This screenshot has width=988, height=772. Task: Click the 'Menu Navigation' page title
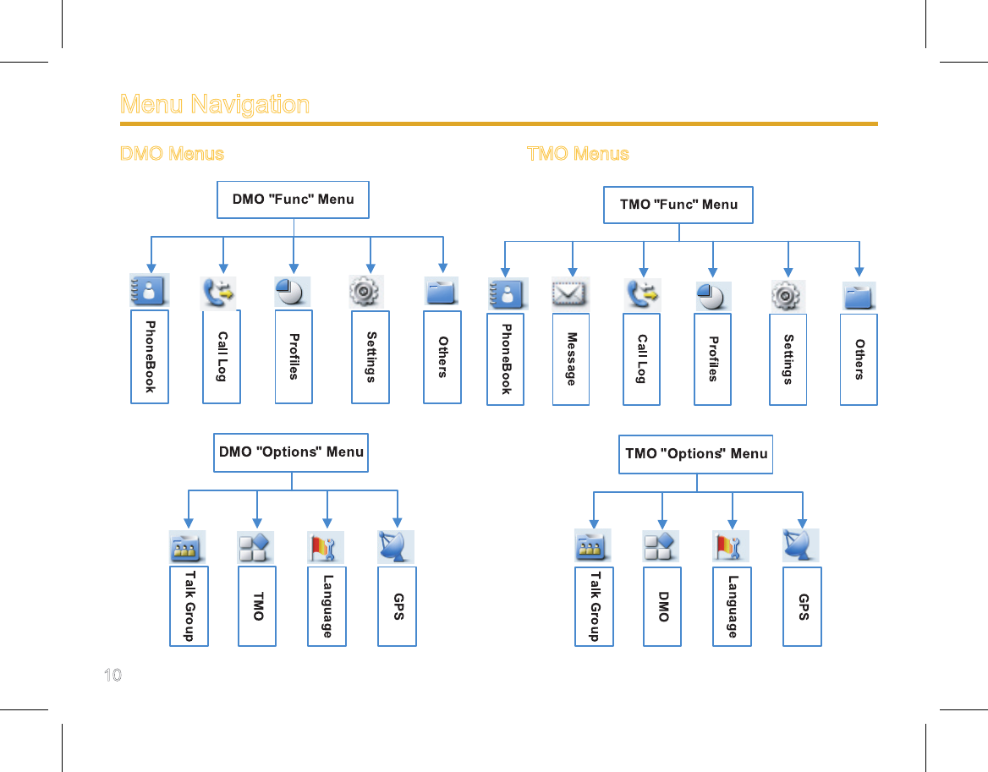pyautogui.click(x=215, y=104)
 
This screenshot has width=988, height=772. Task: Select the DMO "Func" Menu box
pyautogui.click(x=293, y=200)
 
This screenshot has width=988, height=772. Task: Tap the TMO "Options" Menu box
pyautogui.click(x=695, y=454)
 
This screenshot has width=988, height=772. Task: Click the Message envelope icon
pyautogui.click(x=570, y=293)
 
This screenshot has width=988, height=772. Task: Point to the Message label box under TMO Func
pyautogui.click(x=571, y=359)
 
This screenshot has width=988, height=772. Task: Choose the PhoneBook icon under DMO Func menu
pyautogui.click(x=150, y=290)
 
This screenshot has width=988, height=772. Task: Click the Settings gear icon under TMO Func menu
pyautogui.click(x=787, y=295)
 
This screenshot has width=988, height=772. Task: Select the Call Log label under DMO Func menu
pyautogui.click(x=221, y=356)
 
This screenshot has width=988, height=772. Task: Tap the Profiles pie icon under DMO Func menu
pyautogui.click(x=293, y=292)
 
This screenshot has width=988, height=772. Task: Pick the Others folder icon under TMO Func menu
pyautogui.click(x=859, y=296)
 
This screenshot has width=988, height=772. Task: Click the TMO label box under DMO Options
pyautogui.click(x=257, y=605)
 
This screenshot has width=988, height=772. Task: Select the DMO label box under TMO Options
pyautogui.click(x=662, y=606)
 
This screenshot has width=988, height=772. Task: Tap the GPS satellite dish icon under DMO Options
pyautogui.click(x=396, y=546)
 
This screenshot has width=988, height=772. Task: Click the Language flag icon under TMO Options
pyautogui.click(x=731, y=546)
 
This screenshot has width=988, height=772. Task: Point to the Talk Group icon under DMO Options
pyautogui.click(x=187, y=546)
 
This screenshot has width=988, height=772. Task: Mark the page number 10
pyautogui.click(x=113, y=675)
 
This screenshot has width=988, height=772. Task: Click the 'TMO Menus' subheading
pyautogui.click(x=578, y=154)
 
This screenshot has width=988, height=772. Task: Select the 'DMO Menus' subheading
pyautogui.click(x=172, y=154)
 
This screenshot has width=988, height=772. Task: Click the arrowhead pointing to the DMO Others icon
pyautogui.click(x=443, y=268)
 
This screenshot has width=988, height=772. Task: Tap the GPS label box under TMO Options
pyautogui.click(x=802, y=606)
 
